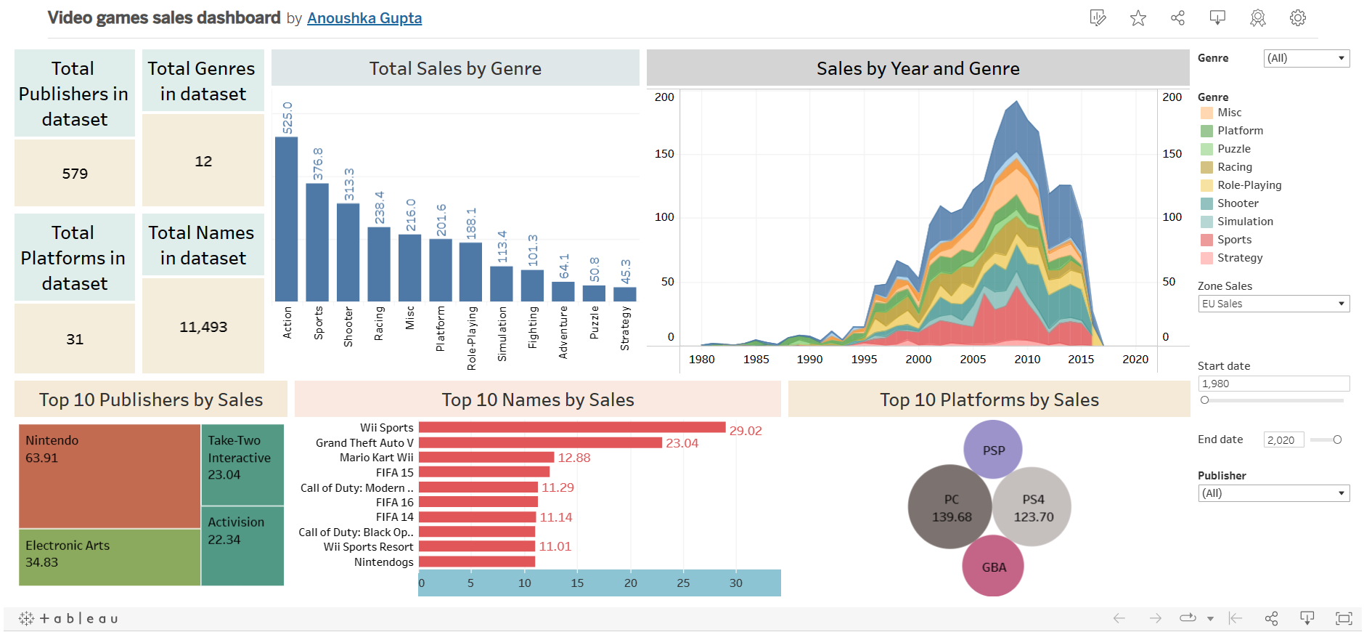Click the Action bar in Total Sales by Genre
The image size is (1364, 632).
286,218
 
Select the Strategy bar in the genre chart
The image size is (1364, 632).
624,294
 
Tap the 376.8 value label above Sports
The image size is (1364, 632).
318,164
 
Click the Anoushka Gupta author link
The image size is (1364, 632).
364,18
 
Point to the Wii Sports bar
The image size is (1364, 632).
571,428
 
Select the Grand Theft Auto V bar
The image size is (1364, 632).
540,442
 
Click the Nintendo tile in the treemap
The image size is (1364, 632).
109,476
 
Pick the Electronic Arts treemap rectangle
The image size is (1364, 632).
109,557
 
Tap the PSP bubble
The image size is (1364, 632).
993,450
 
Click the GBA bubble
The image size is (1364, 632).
993,567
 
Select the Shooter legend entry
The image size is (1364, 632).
1237,203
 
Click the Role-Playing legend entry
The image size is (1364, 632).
1249,185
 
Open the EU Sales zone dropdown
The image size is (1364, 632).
1273,304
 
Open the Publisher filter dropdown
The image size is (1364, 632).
1273,493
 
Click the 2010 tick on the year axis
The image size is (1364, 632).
1026,360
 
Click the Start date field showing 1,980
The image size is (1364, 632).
1273,384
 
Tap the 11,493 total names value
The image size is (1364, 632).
203,327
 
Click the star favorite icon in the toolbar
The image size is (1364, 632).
1138,18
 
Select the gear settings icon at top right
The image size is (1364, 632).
1297,18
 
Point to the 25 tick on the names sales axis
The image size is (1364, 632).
683,583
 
